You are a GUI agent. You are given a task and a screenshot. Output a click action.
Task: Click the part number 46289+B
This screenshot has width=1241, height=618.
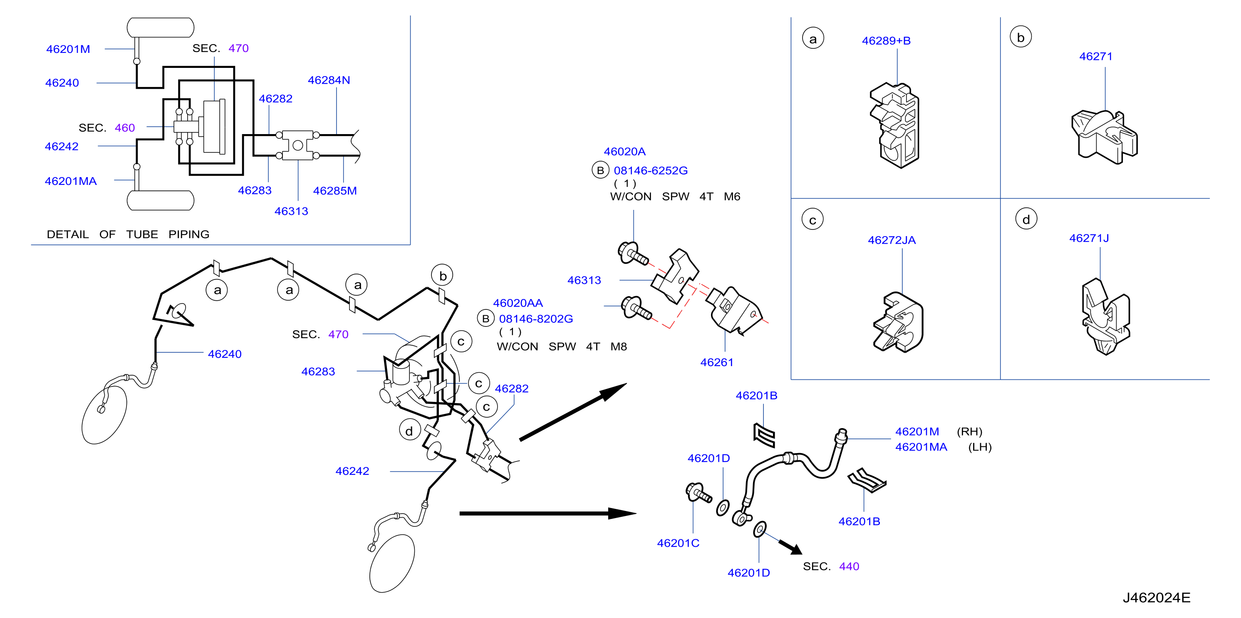886,41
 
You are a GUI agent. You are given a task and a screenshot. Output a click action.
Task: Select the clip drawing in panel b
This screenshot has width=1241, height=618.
1104,137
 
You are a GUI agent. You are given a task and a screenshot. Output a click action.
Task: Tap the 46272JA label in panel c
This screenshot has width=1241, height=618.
892,240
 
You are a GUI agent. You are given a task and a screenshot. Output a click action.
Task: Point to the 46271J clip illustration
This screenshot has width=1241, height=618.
1106,317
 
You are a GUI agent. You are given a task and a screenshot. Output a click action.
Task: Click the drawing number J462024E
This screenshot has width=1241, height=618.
1156,598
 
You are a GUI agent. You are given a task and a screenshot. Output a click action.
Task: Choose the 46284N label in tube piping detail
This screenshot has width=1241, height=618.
329,80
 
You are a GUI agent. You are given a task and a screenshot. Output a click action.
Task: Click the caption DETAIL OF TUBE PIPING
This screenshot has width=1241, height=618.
128,234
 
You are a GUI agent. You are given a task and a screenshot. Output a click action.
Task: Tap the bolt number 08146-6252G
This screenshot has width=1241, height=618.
650,171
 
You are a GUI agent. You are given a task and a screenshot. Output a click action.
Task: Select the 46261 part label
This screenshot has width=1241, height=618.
716,362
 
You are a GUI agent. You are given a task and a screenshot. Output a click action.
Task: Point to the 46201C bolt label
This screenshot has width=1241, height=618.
678,543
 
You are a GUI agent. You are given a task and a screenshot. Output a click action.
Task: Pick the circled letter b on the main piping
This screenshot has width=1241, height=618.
442,276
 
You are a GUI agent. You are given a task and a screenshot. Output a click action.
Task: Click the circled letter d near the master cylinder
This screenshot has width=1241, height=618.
409,431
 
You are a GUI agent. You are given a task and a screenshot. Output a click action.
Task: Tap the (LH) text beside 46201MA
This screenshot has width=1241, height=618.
980,447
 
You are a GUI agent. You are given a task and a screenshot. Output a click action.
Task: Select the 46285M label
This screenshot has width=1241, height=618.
335,191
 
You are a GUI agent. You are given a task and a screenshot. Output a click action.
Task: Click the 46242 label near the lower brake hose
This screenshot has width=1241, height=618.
352,471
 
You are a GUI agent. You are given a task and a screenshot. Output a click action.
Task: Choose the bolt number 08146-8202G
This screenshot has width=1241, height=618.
536,319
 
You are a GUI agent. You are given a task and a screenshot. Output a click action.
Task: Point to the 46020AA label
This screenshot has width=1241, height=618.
518,303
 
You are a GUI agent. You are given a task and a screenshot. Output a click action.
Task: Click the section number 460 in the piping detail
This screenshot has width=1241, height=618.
125,128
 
